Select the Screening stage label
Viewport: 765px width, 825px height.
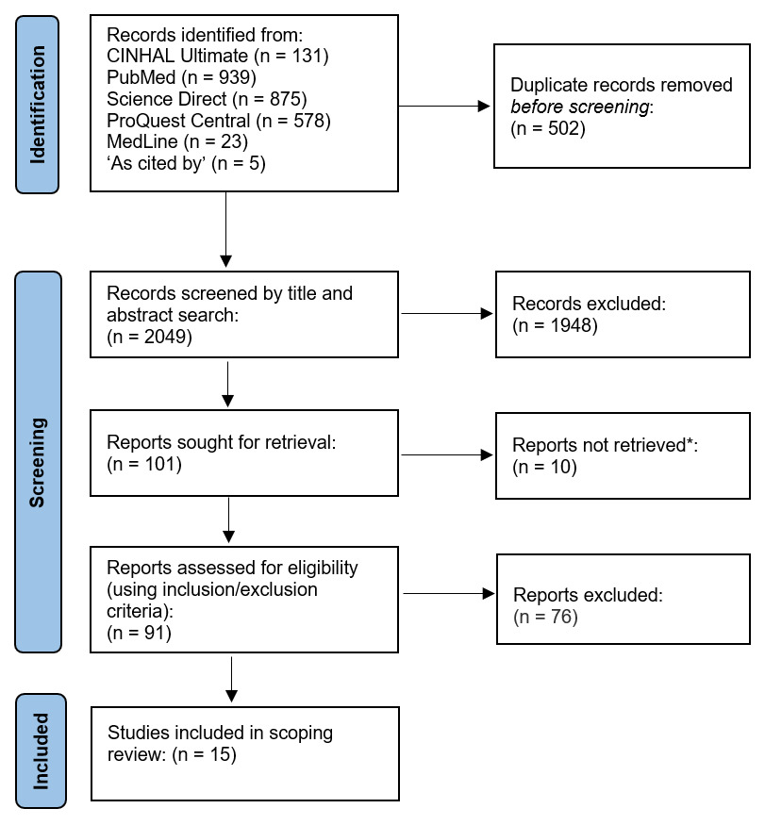39,462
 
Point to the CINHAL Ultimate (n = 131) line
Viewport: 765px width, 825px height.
217,57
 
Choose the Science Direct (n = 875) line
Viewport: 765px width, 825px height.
207,99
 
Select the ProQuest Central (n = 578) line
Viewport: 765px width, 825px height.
219,121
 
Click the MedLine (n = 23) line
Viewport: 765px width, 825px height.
176,142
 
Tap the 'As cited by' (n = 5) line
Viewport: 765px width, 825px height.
187,164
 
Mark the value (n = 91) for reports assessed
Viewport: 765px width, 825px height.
139,633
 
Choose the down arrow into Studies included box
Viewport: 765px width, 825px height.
230,680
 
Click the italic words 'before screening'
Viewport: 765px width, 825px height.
579,107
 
